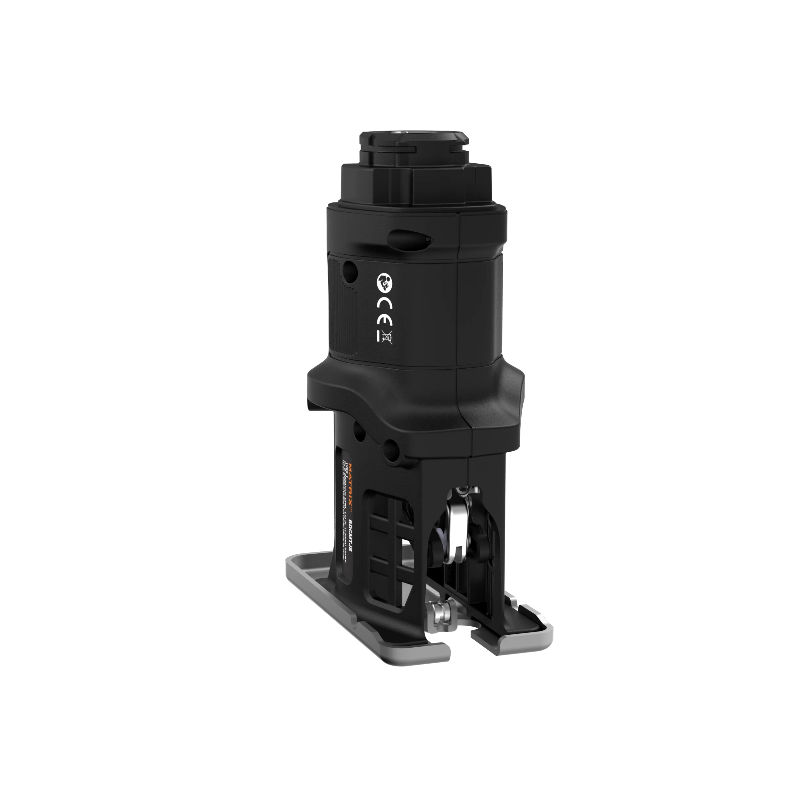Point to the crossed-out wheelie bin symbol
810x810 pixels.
(386, 338)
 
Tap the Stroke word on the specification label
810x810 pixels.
(345, 562)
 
